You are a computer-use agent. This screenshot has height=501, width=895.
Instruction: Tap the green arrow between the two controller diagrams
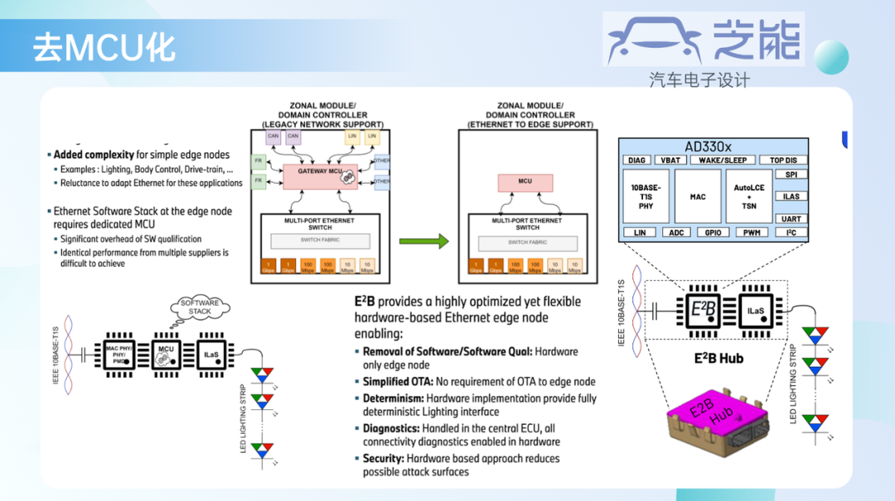pos(423,242)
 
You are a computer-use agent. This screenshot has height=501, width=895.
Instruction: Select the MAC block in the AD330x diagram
pos(698,197)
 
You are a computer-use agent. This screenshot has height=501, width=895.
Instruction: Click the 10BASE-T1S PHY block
pos(646,197)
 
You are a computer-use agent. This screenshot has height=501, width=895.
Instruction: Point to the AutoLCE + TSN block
pos(748,197)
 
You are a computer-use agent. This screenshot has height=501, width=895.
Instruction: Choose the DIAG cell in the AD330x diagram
pos(636,160)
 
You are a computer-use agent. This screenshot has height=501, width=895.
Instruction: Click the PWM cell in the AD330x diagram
pos(752,233)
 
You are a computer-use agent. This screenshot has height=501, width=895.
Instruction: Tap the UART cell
pos(791,219)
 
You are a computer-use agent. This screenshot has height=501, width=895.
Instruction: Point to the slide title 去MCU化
pos(104,48)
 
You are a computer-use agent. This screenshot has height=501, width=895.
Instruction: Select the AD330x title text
pos(713,144)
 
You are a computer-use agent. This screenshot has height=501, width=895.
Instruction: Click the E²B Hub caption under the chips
pos(718,359)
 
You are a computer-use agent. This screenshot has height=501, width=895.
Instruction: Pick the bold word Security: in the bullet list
pos(384,458)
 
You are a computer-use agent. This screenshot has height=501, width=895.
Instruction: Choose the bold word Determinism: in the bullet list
pos(393,398)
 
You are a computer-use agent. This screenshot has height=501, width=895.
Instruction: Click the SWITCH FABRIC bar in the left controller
pos(319,241)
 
